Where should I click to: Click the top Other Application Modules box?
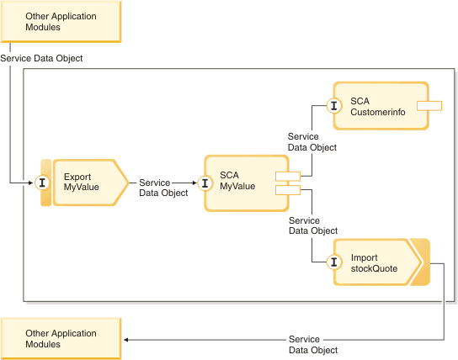click(x=61, y=22)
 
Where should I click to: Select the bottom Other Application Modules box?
click(x=61, y=338)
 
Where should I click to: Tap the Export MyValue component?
click(x=91, y=183)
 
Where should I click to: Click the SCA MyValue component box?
click(x=246, y=183)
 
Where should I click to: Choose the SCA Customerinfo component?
click(x=381, y=106)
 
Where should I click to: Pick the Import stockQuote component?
click(x=378, y=262)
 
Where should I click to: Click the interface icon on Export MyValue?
click(x=42, y=183)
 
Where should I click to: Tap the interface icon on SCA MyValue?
click(x=205, y=183)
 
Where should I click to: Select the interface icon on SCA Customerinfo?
click(x=334, y=105)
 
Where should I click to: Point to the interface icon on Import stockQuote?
click(x=334, y=262)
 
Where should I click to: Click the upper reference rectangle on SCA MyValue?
click(x=288, y=176)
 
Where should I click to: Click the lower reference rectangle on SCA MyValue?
click(x=288, y=190)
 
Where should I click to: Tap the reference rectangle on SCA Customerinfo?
click(x=429, y=106)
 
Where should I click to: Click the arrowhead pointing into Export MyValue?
click(x=30, y=183)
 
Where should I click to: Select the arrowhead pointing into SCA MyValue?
click(x=194, y=183)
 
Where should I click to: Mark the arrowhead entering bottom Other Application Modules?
click(x=126, y=340)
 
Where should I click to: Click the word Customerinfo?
click(x=378, y=112)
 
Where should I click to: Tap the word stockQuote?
click(x=374, y=268)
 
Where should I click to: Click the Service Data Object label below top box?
click(x=41, y=58)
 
